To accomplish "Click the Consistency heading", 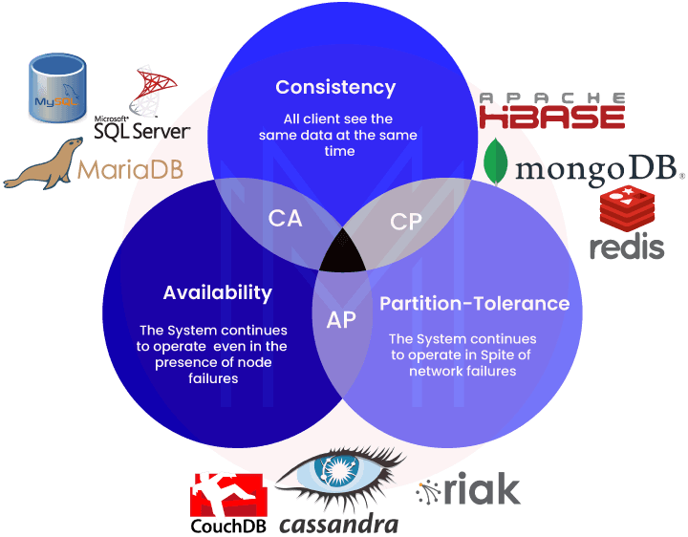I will (x=335, y=87).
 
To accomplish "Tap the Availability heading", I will (x=217, y=292).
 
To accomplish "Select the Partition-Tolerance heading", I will (x=475, y=304).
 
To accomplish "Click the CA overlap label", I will (x=285, y=219).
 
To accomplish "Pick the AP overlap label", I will (x=341, y=320).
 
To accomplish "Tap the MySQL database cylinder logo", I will (x=56, y=87).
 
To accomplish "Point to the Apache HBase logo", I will (x=551, y=111).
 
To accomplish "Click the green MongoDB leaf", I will (x=495, y=161).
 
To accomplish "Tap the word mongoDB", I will (x=599, y=169).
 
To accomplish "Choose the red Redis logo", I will (x=627, y=224).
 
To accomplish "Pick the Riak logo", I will (x=469, y=491).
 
